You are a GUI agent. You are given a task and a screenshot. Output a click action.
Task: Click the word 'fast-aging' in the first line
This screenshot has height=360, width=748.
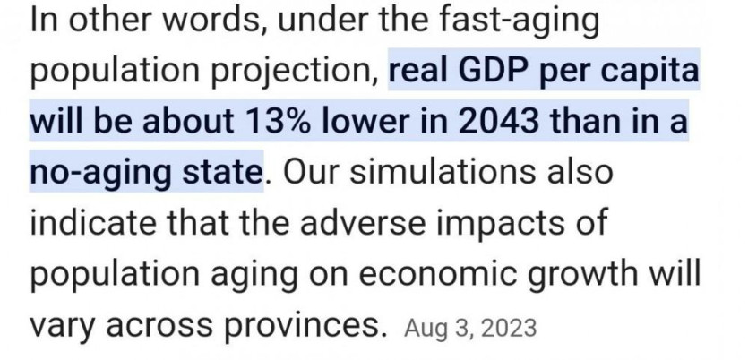[x=519, y=21]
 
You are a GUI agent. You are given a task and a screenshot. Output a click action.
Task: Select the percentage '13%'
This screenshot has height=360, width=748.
[x=277, y=121]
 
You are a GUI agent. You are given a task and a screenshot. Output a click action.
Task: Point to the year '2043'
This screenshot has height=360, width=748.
[x=498, y=121]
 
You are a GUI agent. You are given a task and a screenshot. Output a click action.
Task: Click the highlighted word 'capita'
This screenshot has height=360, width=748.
[x=649, y=72]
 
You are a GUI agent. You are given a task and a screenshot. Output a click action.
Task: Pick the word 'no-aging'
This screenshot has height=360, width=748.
[x=100, y=173]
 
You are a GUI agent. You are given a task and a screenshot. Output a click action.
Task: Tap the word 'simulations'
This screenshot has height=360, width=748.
[x=443, y=172]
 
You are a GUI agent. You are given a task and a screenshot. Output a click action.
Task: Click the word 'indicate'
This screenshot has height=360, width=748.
[x=93, y=222]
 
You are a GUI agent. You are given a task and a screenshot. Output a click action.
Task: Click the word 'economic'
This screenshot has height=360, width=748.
[x=437, y=274]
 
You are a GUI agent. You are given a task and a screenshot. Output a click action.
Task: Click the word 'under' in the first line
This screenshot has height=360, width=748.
[x=322, y=21]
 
